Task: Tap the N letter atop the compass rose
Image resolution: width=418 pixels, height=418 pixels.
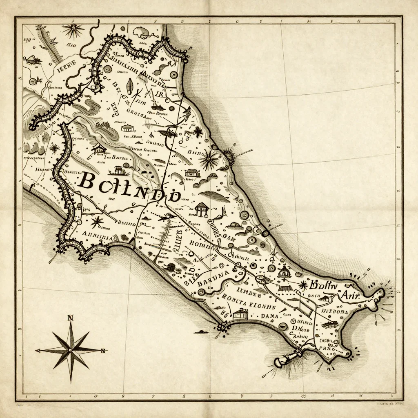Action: tap(70, 318)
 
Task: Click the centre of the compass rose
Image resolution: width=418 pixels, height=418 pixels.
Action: tap(71, 350)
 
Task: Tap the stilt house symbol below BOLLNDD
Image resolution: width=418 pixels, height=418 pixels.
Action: tap(201, 209)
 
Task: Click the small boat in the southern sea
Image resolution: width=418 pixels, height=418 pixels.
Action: tap(201, 331)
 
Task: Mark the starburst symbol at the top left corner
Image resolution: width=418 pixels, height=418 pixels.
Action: tap(73, 30)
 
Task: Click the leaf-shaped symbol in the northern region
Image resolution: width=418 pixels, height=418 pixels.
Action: tap(130, 86)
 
